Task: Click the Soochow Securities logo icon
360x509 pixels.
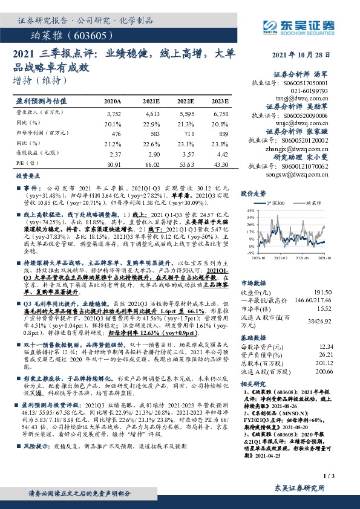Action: pyautogui.click(x=270, y=25)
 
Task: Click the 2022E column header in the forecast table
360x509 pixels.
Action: pyautogui.click(x=186, y=102)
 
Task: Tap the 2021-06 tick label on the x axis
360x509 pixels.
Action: pyautogui.click(x=306, y=257)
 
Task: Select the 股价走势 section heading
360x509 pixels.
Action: pyautogui.click(x=254, y=194)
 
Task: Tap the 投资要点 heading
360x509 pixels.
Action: pyautogui.click(x=27, y=175)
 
